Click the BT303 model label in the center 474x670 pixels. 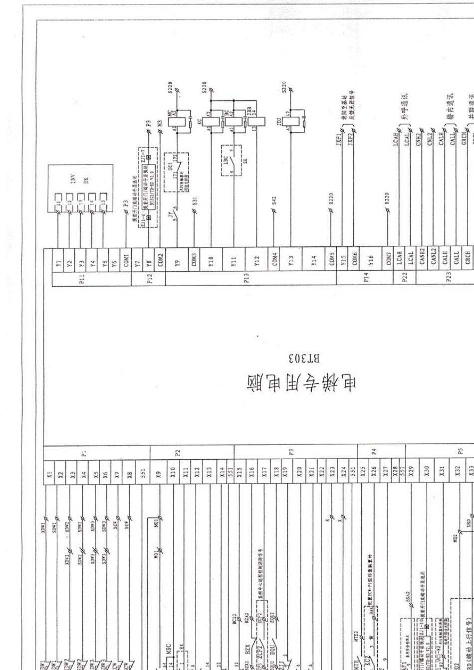click(x=303, y=358)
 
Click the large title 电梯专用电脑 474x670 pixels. click(x=302, y=383)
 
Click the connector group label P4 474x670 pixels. click(x=374, y=452)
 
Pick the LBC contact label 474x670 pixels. click(x=226, y=160)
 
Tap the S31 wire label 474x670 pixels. click(x=195, y=201)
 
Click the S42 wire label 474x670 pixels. click(x=274, y=201)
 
